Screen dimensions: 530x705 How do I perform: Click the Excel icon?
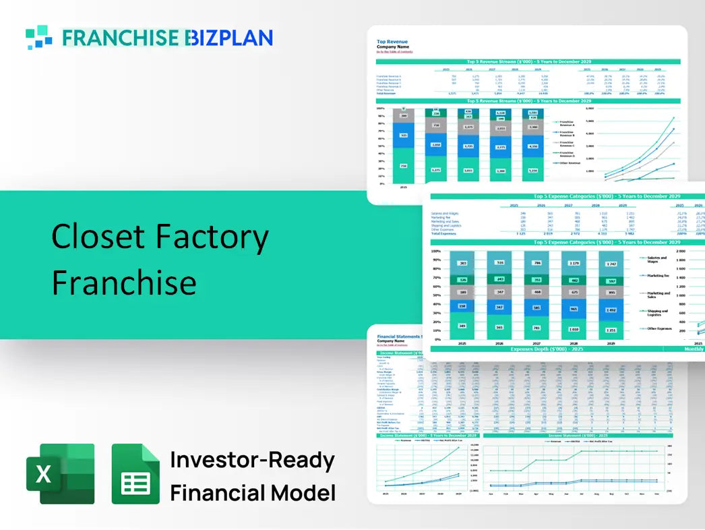(x=60, y=473)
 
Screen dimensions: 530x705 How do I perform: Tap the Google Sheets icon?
(x=135, y=473)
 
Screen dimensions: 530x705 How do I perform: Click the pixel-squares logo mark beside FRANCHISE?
(x=39, y=37)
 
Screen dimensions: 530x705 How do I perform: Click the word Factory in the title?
(x=207, y=237)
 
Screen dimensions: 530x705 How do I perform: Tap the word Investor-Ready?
(x=252, y=460)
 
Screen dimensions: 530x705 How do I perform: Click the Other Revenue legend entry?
(x=570, y=163)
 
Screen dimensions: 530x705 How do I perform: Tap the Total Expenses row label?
(x=445, y=233)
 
